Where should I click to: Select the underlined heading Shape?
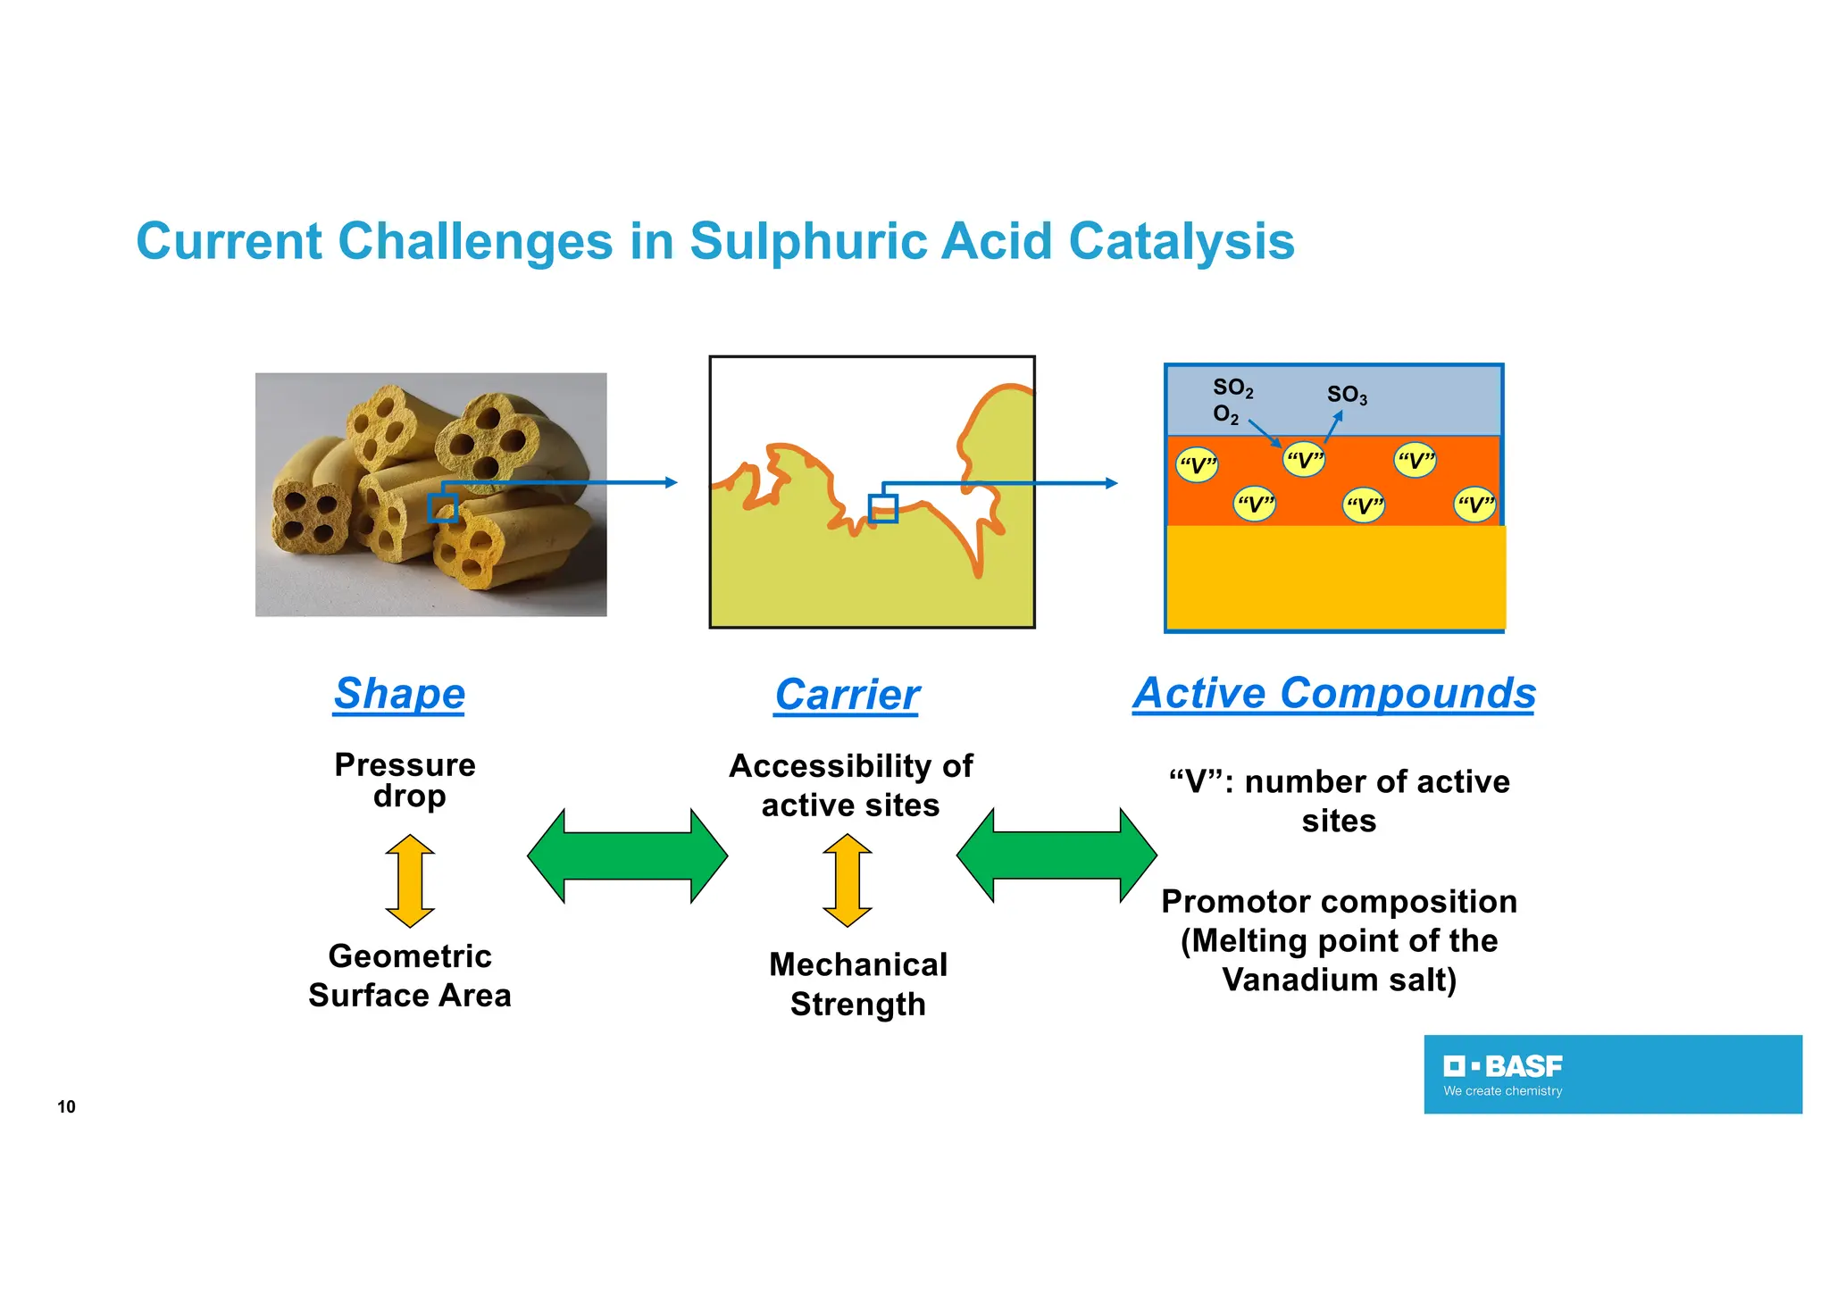[399, 694]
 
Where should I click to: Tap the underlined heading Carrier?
[847, 695]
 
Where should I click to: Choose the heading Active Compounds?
[1334, 693]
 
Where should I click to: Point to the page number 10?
[66, 1107]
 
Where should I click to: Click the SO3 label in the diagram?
[1346, 395]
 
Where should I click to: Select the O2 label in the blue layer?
[1225, 414]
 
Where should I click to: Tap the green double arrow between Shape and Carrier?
[627, 856]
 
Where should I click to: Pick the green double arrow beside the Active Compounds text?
[1056, 855]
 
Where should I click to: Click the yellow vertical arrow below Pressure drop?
[410, 880]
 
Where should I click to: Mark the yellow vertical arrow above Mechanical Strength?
[847, 880]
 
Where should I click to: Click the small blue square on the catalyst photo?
[443, 508]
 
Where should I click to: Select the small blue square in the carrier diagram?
[883, 508]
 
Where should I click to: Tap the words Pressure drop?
[406, 780]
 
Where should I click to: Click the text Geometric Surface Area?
[410, 976]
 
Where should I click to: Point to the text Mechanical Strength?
[858, 984]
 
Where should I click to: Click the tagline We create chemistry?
[1503, 1091]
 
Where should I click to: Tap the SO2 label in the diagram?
[1232, 388]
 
